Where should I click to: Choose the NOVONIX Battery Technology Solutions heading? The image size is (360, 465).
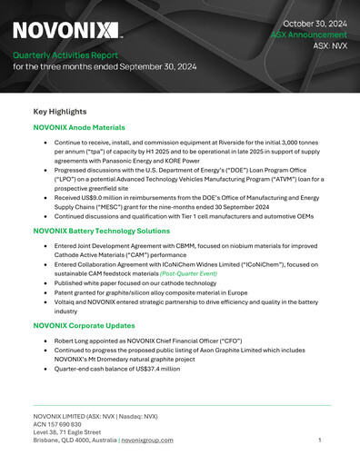click(x=101, y=231)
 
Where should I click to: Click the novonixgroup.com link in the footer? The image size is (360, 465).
click(x=147, y=440)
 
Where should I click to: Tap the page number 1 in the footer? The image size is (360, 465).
click(x=320, y=440)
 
